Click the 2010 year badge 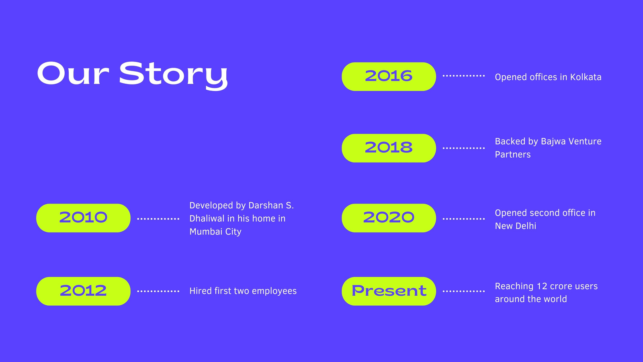pyautogui.click(x=83, y=218)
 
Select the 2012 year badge pyautogui.click(x=83, y=291)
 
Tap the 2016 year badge pyautogui.click(x=389, y=76)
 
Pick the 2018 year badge pyautogui.click(x=389, y=148)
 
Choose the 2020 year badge pyautogui.click(x=389, y=218)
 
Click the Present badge pyautogui.click(x=389, y=291)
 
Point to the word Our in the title pyautogui.click(x=73, y=73)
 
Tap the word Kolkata pyautogui.click(x=586, y=77)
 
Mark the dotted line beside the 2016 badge pyautogui.click(x=464, y=76)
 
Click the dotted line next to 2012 pyautogui.click(x=158, y=291)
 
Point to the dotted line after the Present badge pyautogui.click(x=464, y=291)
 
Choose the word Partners pyautogui.click(x=513, y=154)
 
